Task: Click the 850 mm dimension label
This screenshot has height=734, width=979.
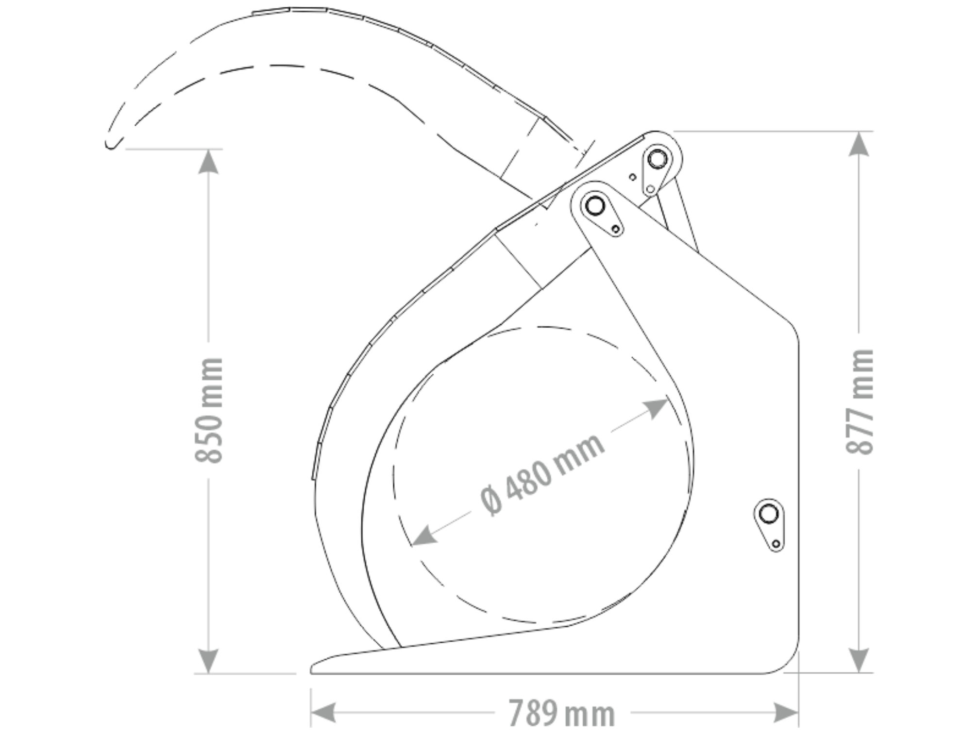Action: click(209, 411)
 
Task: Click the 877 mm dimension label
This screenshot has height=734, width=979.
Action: click(860, 402)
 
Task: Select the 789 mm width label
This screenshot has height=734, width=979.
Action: click(562, 713)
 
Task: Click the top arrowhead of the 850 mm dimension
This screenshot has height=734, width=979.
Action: click(208, 162)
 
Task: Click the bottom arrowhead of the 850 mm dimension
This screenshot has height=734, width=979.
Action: click(208, 661)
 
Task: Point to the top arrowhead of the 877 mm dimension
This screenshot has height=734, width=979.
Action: click(859, 144)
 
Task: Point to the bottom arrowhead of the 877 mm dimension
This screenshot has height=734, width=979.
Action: click(859, 661)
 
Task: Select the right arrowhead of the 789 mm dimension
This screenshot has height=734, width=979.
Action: click(786, 713)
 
